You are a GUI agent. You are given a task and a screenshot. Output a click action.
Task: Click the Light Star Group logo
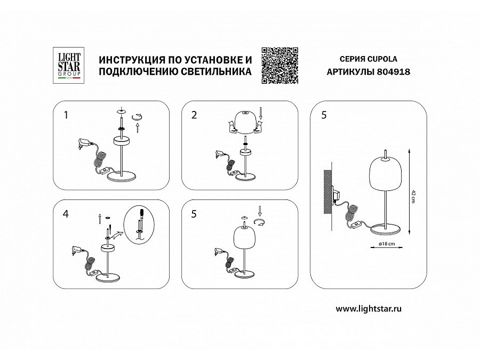69,66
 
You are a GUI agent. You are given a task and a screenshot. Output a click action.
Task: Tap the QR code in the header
280,66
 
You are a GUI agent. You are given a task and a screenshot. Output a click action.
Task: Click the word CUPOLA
382,59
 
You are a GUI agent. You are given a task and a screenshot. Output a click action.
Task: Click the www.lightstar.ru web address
369,309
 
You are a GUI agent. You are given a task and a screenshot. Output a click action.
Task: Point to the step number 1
66,115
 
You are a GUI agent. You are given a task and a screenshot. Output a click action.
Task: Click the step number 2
194,115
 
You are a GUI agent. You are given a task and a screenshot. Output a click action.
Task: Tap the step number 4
66,214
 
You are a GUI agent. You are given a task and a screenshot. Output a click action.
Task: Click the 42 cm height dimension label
413,196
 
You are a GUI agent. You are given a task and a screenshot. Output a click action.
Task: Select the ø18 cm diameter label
387,244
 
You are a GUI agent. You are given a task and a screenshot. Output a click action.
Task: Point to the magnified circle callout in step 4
139,225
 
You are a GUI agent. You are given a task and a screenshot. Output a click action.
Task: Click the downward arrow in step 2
260,113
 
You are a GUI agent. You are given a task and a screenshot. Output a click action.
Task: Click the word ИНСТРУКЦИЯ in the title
131,59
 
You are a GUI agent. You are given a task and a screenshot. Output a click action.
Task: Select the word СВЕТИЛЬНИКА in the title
216,72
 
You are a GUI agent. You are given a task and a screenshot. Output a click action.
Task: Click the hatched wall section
327,192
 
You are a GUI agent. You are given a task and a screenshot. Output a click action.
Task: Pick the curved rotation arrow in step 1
137,117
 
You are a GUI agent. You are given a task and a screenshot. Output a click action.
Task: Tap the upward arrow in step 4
100,219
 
